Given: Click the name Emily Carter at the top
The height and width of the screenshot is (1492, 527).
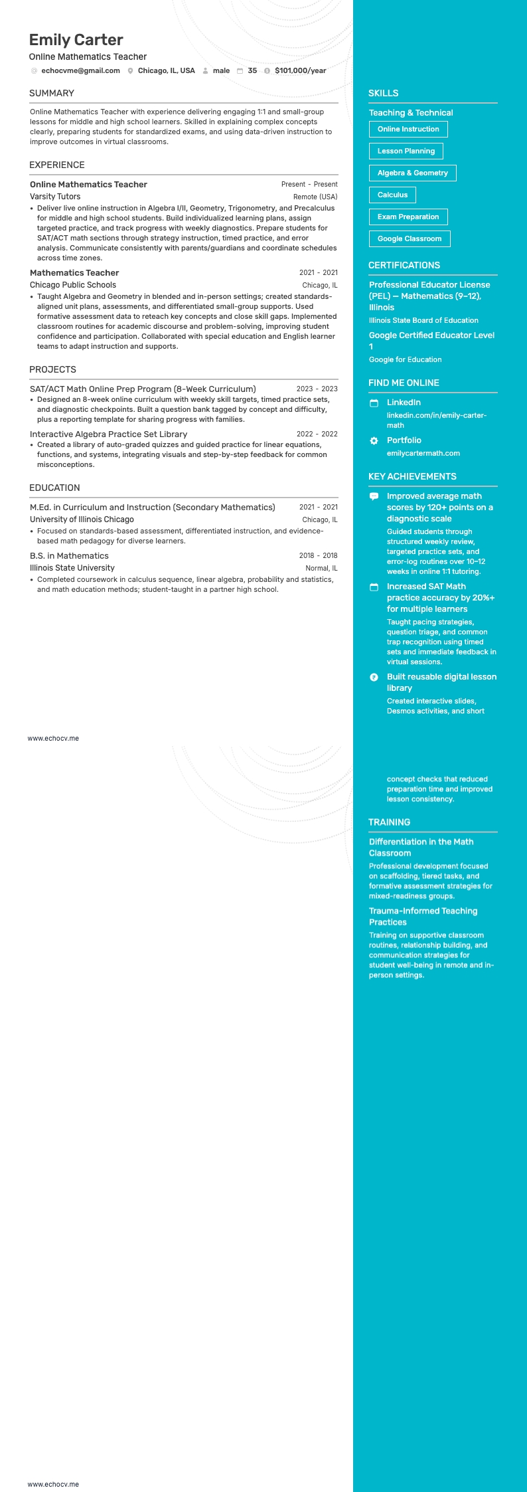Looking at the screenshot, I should (76, 40).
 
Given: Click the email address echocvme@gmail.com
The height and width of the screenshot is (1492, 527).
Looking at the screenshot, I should (80, 70).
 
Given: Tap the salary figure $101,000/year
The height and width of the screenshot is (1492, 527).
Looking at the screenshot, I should (300, 70).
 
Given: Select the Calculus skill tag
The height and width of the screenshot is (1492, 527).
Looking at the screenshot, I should (392, 195).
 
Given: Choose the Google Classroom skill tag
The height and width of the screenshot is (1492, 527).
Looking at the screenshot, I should (409, 238).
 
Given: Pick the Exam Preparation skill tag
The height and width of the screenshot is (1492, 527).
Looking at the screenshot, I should (408, 217).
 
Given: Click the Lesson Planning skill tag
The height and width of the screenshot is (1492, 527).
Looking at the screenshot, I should (406, 151).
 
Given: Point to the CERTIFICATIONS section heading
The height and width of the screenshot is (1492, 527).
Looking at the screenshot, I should (404, 265).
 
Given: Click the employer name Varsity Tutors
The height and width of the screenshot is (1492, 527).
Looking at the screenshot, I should (55, 197).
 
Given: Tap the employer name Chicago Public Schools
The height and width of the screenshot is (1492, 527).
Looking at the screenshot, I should (73, 285).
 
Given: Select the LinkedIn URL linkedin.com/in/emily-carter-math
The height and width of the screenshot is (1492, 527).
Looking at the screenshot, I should (436, 420).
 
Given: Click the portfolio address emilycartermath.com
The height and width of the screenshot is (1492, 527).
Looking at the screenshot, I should (423, 453).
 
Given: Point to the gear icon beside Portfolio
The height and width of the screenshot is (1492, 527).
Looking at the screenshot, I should (374, 440).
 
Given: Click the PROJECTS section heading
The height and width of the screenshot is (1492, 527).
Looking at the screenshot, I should (52, 369).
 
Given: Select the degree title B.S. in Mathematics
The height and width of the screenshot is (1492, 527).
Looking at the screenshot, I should (69, 556).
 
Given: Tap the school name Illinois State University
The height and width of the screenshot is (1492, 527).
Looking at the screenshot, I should (72, 568).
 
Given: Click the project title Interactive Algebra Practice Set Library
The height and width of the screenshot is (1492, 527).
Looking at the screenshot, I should (108, 434).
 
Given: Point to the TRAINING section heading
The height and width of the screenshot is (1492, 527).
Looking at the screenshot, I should (389, 822).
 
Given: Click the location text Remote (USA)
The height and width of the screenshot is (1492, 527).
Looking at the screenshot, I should (315, 197).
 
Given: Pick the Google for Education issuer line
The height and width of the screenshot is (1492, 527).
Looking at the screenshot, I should (405, 359).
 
